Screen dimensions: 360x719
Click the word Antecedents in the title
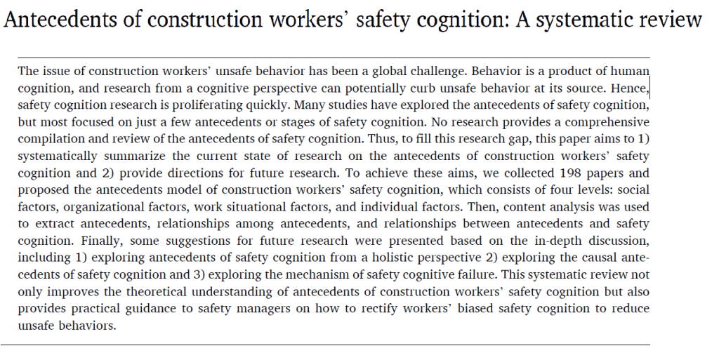[62, 19]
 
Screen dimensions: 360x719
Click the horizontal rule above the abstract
[334, 58]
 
